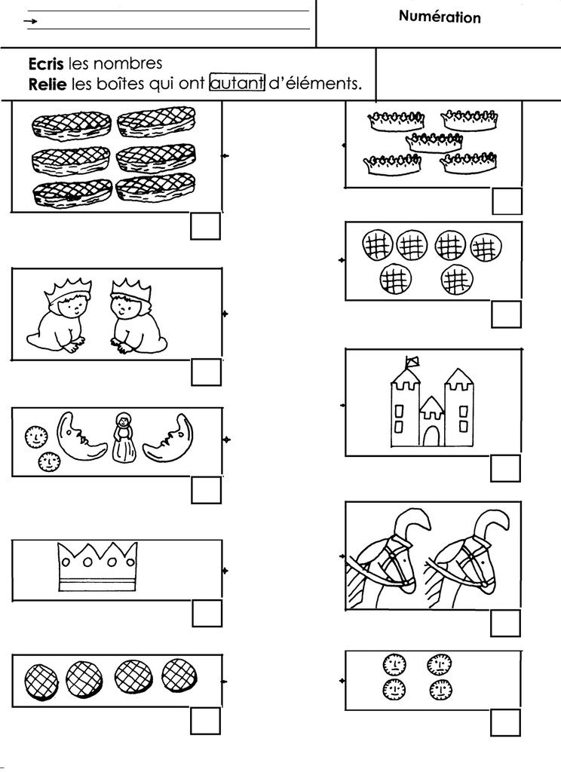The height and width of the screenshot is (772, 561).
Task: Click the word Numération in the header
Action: click(x=440, y=17)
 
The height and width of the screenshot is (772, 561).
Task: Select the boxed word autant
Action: click(x=237, y=84)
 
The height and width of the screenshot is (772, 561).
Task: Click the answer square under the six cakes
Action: click(x=205, y=227)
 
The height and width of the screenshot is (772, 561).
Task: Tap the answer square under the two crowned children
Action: click(x=206, y=372)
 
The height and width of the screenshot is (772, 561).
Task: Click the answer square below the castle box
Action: click(x=505, y=468)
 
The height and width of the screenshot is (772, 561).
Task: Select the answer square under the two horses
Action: click(x=505, y=623)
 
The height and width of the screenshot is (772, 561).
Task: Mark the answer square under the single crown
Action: click(x=206, y=612)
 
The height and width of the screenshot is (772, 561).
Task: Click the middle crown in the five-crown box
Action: click(x=434, y=141)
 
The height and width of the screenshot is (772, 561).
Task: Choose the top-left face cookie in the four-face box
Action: click(x=394, y=663)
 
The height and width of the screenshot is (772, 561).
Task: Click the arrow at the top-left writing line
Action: click(x=31, y=23)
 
